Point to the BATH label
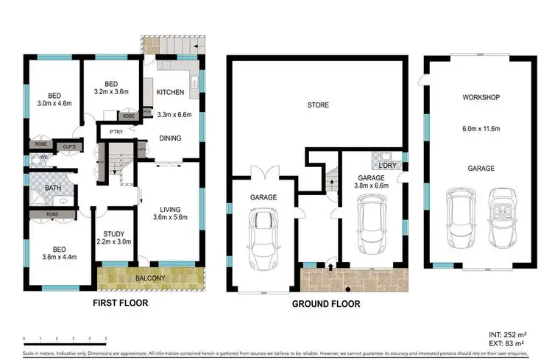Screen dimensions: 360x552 tap(52, 188)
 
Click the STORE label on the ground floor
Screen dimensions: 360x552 tap(318, 105)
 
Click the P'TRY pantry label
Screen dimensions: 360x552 tap(116, 133)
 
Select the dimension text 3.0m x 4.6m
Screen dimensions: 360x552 tap(54, 105)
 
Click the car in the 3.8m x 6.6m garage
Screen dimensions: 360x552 tap(370, 228)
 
